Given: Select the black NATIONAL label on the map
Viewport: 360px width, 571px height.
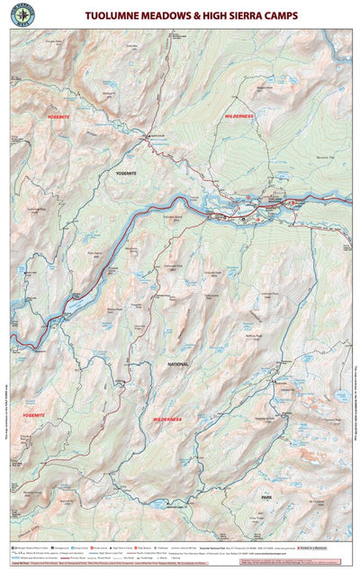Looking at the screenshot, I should point(176,364).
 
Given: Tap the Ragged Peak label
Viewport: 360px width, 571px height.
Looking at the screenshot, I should point(262,87).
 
